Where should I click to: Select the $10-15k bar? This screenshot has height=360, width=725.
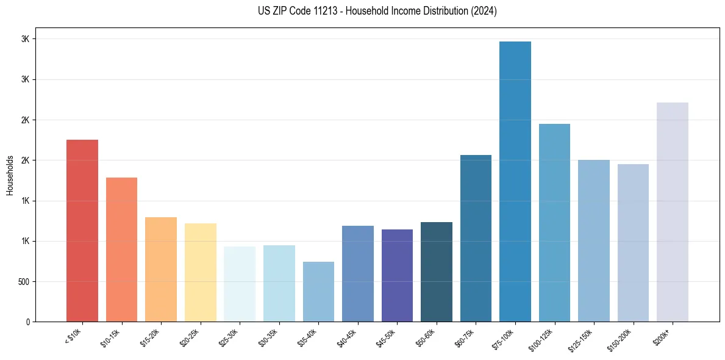point(121,250)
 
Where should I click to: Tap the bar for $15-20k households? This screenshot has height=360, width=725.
point(161,269)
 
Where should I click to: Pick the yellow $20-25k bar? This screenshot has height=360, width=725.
point(200,272)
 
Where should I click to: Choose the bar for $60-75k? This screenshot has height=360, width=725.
point(476,238)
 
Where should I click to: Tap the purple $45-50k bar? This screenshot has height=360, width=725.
point(397,275)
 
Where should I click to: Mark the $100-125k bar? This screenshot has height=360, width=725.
point(554,223)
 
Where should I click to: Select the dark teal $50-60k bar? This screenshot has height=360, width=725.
point(437,272)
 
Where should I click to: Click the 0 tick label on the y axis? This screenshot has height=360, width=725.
point(27,322)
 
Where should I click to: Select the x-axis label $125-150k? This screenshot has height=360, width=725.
point(582,339)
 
